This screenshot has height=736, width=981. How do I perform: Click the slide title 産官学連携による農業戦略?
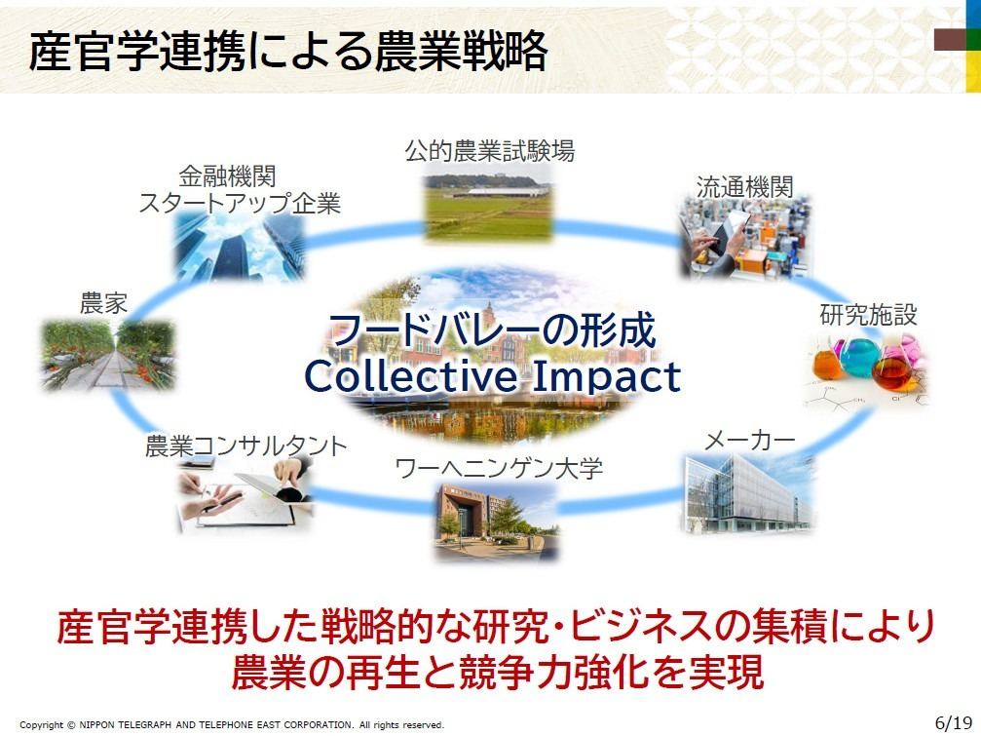(x=288, y=51)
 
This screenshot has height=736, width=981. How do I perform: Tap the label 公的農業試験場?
(x=489, y=151)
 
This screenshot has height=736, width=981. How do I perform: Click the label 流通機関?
(x=744, y=187)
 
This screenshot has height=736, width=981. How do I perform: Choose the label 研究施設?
(x=868, y=315)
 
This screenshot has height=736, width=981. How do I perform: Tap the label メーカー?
(x=750, y=441)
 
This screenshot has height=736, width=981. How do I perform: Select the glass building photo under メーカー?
(x=748, y=494)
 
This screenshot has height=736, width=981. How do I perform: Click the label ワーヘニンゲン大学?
(x=499, y=468)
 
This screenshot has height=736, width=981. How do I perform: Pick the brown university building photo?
(x=496, y=521)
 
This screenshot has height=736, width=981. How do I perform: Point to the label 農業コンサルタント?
(x=245, y=446)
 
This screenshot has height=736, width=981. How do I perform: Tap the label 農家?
(x=103, y=303)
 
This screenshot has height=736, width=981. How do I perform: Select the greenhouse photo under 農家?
(x=107, y=356)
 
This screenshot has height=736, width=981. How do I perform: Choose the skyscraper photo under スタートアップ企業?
(x=240, y=246)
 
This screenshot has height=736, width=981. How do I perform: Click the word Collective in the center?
(x=412, y=376)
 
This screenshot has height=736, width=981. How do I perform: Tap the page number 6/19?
(x=953, y=723)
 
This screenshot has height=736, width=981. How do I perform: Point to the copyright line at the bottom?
(x=232, y=724)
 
